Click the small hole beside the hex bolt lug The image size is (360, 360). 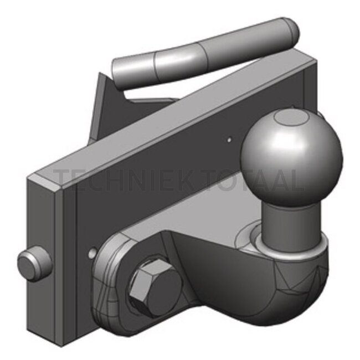coord(91,253)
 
